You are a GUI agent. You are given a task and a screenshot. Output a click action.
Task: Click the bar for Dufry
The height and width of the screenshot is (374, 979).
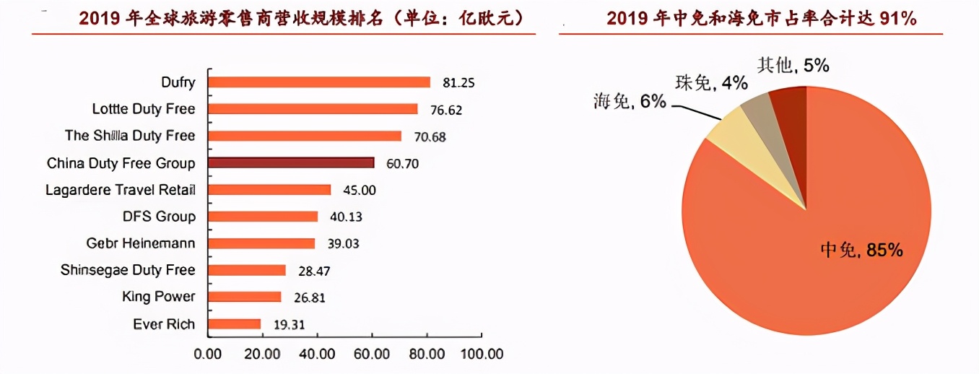[319, 82]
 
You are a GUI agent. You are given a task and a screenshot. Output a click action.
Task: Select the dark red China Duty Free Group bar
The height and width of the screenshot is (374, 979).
[291, 162]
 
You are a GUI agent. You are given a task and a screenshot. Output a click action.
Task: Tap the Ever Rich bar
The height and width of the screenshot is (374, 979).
[235, 323]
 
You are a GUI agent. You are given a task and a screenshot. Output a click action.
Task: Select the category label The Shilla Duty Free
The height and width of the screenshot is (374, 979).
[130, 136]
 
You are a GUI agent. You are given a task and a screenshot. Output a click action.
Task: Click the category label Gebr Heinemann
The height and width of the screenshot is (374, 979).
[141, 243]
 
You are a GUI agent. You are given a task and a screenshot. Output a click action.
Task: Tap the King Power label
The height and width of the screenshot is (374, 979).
[159, 297]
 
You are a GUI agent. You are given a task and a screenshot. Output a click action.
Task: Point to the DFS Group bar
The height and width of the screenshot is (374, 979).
[263, 217]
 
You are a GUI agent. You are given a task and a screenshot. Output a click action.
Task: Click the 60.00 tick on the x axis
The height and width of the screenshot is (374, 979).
[372, 355]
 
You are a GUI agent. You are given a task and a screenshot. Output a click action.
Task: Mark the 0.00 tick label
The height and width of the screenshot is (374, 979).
[209, 355]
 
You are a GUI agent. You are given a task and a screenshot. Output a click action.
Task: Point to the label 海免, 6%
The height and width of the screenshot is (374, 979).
[629, 102]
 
